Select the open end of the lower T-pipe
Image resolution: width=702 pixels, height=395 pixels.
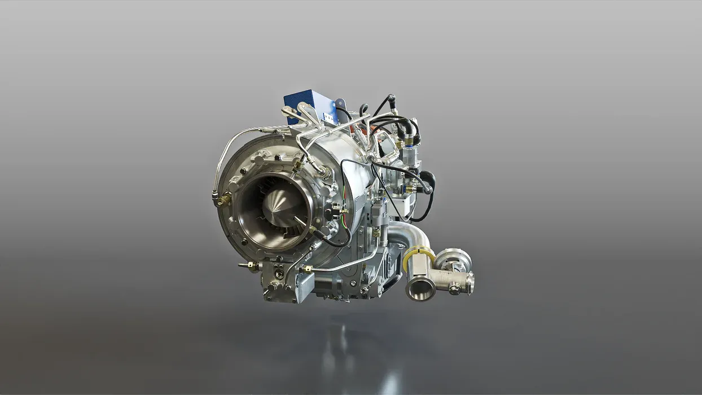coord(420,289)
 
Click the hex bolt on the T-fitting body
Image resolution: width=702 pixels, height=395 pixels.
coord(454,289)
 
